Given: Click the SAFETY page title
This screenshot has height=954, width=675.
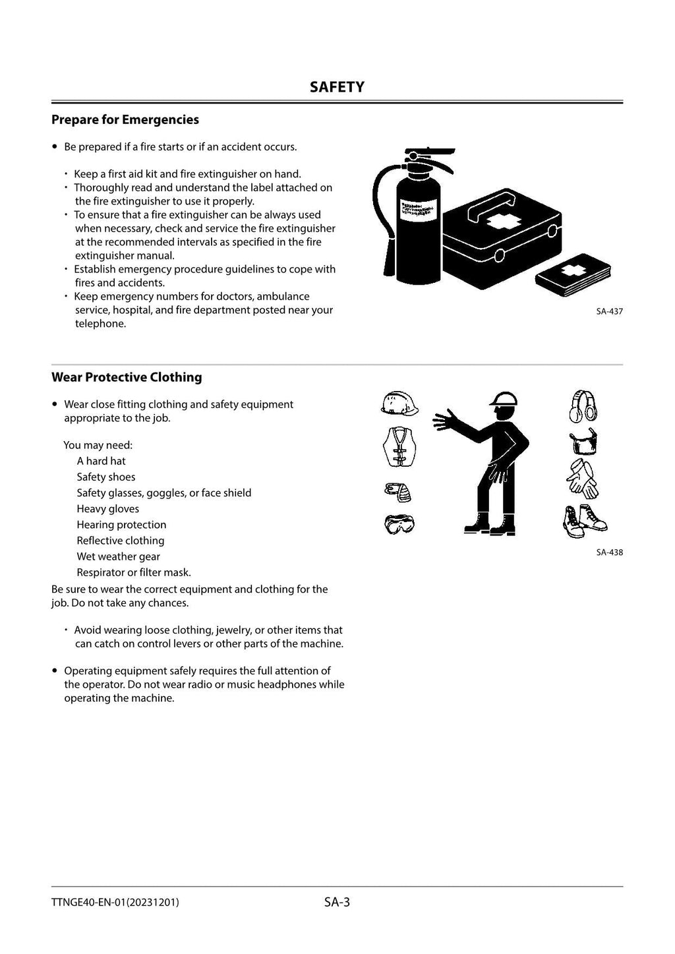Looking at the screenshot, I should tap(337, 87).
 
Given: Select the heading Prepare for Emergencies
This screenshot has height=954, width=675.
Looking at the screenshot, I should tap(125, 119).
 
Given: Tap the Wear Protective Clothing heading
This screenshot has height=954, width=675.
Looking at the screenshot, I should tap(127, 377).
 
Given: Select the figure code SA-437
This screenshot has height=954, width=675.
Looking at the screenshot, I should tap(609, 311).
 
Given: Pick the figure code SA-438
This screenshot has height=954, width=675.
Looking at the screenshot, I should tap(609, 552).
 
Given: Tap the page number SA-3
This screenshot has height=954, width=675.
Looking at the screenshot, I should tap(337, 902).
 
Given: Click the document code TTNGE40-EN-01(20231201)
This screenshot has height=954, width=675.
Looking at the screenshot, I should tap(115, 903).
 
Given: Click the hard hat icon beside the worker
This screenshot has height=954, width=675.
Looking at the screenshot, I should tap(399, 403).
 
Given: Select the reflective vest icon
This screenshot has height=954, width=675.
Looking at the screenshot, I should tap(399, 446).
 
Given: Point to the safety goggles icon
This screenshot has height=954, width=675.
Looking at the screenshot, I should tap(399, 524).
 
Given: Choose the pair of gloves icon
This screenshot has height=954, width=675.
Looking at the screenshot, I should tap(582, 479).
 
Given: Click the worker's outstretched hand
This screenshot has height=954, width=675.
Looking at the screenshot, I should tap(446, 419).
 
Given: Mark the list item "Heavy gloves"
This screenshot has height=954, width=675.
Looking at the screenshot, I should tap(108, 509).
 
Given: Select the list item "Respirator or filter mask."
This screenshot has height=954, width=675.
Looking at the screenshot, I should tap(134, 572).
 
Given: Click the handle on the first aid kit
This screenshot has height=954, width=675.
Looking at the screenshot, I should tap(493, 205).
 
